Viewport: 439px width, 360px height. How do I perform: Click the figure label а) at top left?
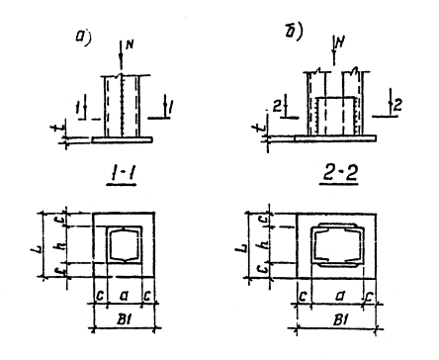pos(83,37)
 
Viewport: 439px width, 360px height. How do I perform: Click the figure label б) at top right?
pos(294,33)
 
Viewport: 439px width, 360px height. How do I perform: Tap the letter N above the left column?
pos(130,45)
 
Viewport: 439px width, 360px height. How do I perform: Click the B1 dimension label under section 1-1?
pos(125,318)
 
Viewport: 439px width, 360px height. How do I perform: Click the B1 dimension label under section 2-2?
pos(340,319)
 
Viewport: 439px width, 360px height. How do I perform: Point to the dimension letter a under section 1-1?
pos(125,295)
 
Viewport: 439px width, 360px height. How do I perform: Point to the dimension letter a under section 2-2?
pos(340,296)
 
